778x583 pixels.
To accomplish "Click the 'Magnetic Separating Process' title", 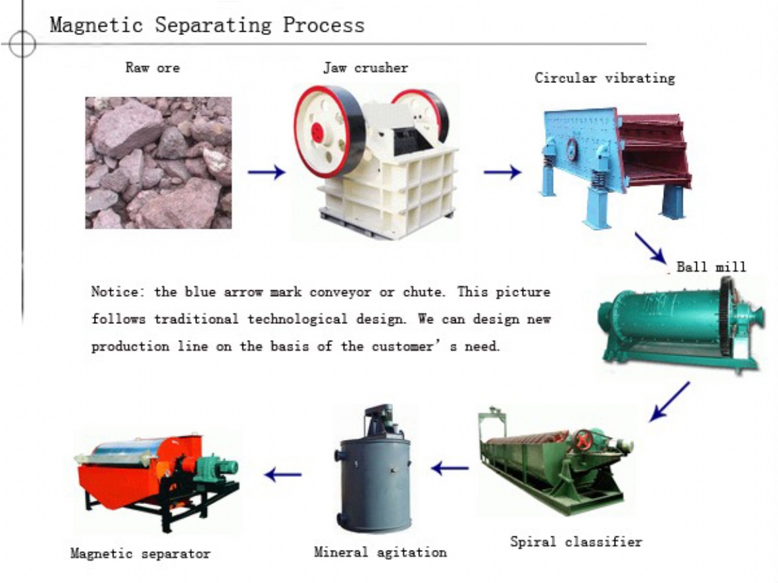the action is (x=207, y=25).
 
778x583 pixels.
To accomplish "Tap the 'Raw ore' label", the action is (x=153, y=67).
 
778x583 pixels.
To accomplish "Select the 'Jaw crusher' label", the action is (x=365, y=67).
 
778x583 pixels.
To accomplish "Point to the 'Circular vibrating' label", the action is (x=605, y=78).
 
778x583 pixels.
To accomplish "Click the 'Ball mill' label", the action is (x=711, y=267).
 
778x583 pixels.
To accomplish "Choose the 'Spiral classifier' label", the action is (x=576, y=541).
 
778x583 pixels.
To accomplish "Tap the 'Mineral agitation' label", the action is (x=380, y=552).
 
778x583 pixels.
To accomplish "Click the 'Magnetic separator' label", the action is (x=140, y=553).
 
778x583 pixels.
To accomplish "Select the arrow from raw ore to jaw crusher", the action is (x=267, y=172).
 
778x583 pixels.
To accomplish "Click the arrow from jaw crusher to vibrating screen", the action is (x=502, y=172).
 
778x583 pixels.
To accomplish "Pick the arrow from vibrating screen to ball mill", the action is (x=650, y=248).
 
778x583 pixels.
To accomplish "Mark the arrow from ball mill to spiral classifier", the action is (x=669, y=401).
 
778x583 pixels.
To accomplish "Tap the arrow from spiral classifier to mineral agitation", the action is (x=450, y=468).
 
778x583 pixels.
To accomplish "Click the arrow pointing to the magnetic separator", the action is (x=283, y=474).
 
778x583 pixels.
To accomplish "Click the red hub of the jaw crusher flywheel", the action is (x=317, y=132).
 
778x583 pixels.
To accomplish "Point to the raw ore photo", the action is (x=158, y=163).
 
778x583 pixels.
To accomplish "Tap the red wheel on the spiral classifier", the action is (x=583, y=440).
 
